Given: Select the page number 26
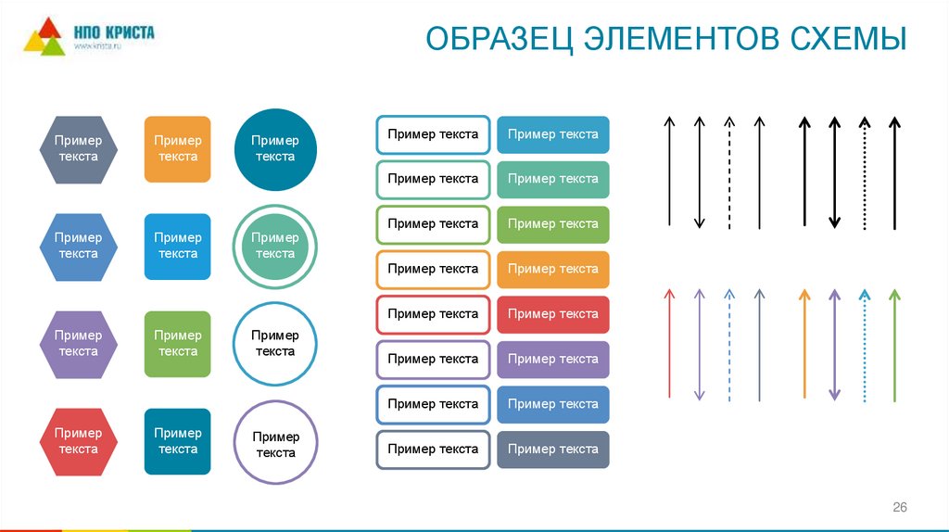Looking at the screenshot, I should [x=899, y=507].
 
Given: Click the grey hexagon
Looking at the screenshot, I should [x=78, y=149].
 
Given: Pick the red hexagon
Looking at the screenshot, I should [x=78, y=441].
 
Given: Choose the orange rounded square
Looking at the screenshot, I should [x=177, y=149].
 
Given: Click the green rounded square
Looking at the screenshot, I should [x=177, y=344].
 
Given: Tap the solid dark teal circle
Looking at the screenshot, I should [x=275, y=149].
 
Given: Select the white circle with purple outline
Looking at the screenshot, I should [x=275, y=444].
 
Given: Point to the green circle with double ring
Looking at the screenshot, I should [x=275, y=246].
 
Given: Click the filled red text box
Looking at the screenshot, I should [x=553, y=314].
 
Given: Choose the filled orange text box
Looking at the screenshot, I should [x=553, y=269].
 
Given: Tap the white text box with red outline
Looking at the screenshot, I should [x=433, y=314].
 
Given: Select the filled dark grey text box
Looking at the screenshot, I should [x=553, y=450].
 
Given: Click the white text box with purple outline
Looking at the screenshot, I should [x=433, y=359].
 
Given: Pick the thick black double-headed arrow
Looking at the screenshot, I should [x=834, y=172].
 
